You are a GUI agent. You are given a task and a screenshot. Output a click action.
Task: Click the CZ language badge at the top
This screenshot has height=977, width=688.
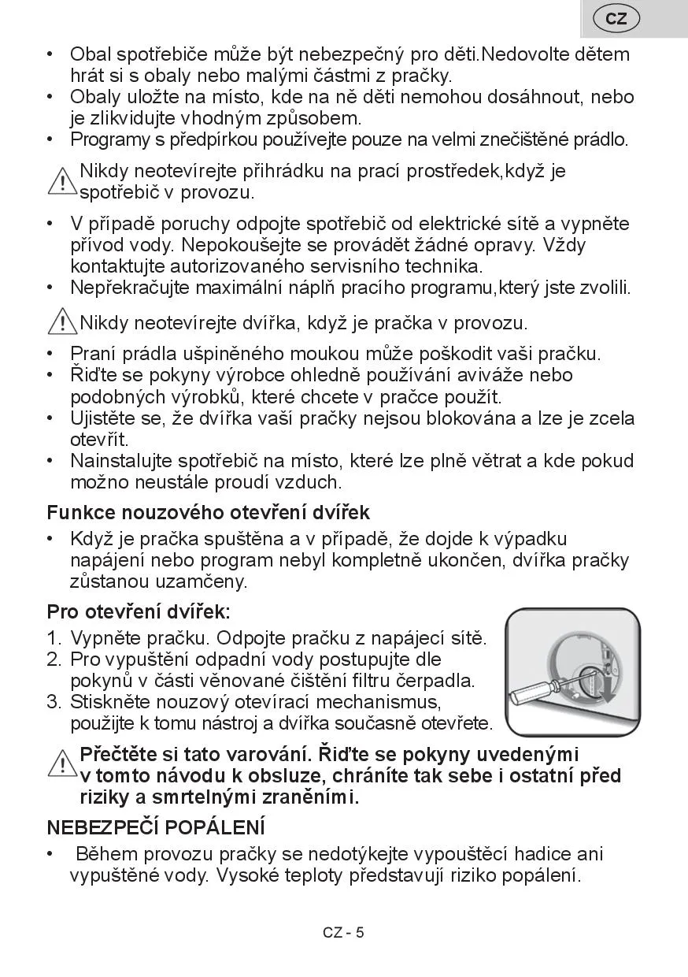[x=616, y=19]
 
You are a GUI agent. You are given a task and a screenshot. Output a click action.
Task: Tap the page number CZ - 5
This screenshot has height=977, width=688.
[x=343, y=933]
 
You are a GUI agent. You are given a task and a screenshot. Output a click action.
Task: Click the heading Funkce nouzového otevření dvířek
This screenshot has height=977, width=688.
[x=209, y=513]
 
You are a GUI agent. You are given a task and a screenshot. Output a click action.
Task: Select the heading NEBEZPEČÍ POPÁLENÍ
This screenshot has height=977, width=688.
[x=156, y=828]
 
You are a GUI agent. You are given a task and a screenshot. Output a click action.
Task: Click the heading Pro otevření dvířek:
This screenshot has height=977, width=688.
[x=139, y=611]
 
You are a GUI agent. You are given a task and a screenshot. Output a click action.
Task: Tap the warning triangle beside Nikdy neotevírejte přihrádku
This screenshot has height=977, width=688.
[x=61, y=182]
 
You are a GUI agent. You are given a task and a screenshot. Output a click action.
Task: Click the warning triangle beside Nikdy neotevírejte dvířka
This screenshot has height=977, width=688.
[x=61, y=321]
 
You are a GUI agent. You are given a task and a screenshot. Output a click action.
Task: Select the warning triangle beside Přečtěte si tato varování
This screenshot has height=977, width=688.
[x=61, y=763]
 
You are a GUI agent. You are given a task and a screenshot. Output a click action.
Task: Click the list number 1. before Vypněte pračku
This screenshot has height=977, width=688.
[x=54, y=637]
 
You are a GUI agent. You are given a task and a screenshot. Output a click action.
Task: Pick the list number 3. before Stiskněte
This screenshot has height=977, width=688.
[x=54, y=701]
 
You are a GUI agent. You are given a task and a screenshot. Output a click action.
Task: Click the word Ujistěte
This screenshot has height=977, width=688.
[x=105, y=418]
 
